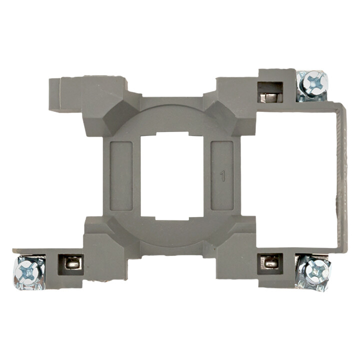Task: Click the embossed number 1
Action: pos(222,176)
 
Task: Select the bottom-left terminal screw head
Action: pos(29,272)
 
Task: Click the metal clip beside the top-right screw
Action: pos(270,97)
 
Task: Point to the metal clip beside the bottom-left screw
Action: pos(72,262)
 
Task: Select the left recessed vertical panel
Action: pos(121,176)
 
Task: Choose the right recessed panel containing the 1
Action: pos(222,176)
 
